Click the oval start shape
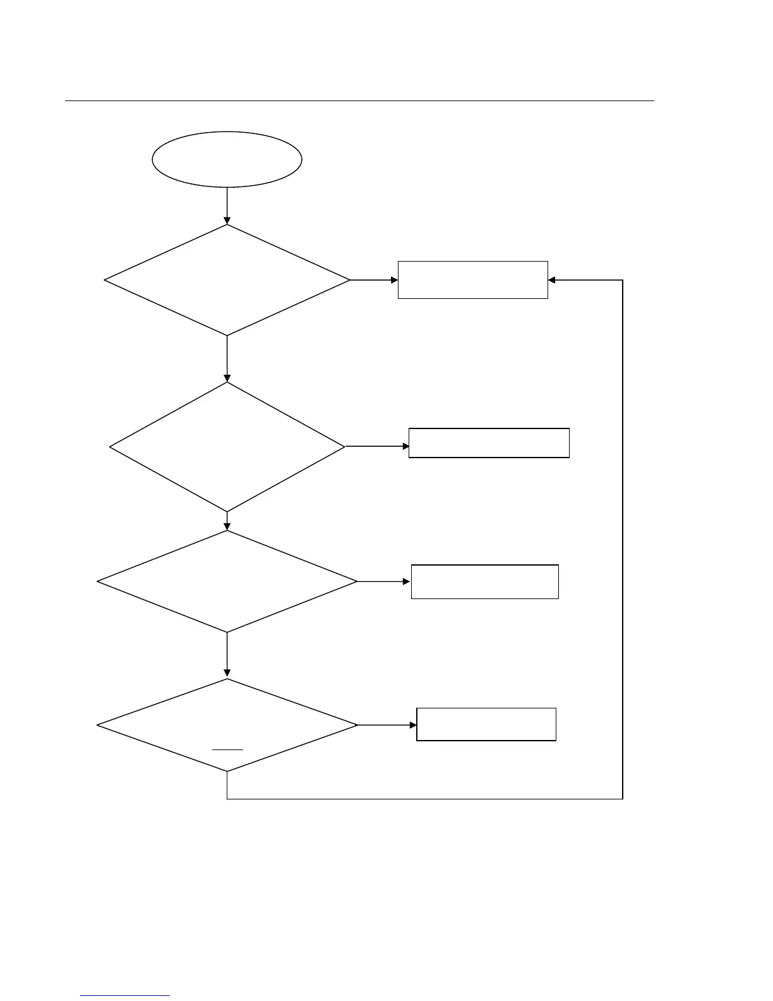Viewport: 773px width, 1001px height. click(x=227, y=159)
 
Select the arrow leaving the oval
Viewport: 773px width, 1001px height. click(x=227, y=205)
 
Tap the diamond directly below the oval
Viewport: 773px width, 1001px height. click(x=227, y=280)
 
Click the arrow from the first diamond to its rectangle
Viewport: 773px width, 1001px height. click(x=374, y=280)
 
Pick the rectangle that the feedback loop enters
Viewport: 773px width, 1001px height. click(x=472, y=280)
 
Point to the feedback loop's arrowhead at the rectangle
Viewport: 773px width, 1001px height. click(x=551, y=280)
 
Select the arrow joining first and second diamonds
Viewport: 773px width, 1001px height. click(x=227, y=358)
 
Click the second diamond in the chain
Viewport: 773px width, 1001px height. click(x=227, y=447)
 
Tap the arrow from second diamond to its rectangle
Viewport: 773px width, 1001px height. click(x=377, y=446)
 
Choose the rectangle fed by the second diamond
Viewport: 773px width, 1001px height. click(x=489, y=443)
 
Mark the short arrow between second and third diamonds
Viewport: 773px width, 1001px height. click(x=227, y=521)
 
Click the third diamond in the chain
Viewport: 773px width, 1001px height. click(x=227, y=581)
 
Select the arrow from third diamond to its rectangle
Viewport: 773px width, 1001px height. click(x=384, y=581)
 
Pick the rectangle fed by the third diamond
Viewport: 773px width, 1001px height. click(x=484, y=581)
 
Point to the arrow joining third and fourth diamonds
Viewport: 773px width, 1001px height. click(x=227, y=655)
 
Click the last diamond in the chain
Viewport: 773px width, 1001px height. click(x=227, y=725)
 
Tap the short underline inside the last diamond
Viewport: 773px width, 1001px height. click(x=227, y=749)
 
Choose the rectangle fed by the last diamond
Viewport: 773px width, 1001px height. click(x=486, y=724)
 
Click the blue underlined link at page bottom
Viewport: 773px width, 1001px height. click(x=125, y=995)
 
